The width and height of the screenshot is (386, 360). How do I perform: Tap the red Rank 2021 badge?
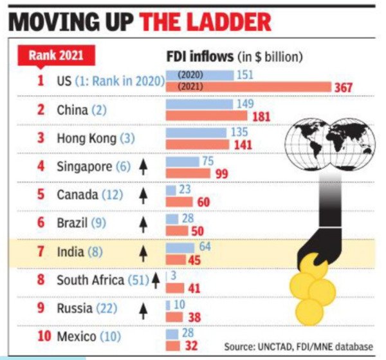click(x=55, y=56)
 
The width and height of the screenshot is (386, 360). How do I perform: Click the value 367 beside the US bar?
click(x=342, y=87)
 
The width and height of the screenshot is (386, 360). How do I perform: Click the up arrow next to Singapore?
click(x=143, y=167)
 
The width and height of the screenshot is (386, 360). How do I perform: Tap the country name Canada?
click(x=77, y=194)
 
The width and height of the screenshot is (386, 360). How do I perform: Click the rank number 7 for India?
click(x=40, y=251)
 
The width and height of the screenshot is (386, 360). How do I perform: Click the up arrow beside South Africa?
click(x=155, y=279)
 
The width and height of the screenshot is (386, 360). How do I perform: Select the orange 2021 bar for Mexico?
click(x=173, y=345)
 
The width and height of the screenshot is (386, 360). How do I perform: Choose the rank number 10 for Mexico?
click(x=42, y=336)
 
